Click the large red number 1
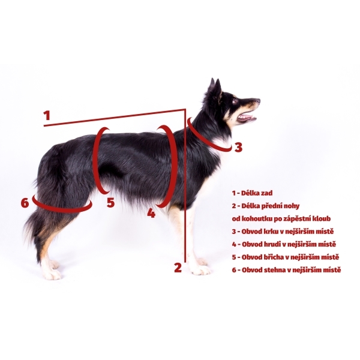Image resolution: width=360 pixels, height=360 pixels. pyautogui.click(x=47, y=115)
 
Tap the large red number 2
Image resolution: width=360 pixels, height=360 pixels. pyautogui.click(x=178, y=268)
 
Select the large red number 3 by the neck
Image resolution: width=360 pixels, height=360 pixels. pyautogui.click(x=238, y=147)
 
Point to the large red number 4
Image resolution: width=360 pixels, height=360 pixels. pyautogui.click(x=151, y=213)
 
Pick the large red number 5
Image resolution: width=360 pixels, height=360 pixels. pyautogui.click(x=110, y=202)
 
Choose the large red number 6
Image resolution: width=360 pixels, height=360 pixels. pyautogui.click(x=25, y=203)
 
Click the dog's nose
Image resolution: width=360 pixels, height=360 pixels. pyautogui.click(x=259, y=100)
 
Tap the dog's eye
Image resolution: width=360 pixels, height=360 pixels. pyautogui.click(x=235, y=100)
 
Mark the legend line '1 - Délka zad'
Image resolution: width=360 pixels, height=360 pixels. pyautogui.click(x=252, y=193)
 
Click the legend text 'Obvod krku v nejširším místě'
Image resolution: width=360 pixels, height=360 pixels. pyautogui.click(x=287, y=232)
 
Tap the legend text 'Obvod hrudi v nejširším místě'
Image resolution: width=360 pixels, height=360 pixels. pyautogui.click(x=289, y=244)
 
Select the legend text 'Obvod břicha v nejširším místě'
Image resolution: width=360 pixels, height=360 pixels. pyautogui.click(x=290, y=257)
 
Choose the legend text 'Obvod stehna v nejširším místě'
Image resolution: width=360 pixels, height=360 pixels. pyautogui.click(x=291, y=270)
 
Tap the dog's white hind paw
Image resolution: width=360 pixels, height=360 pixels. pyautogui.click(x=52, y=274)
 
